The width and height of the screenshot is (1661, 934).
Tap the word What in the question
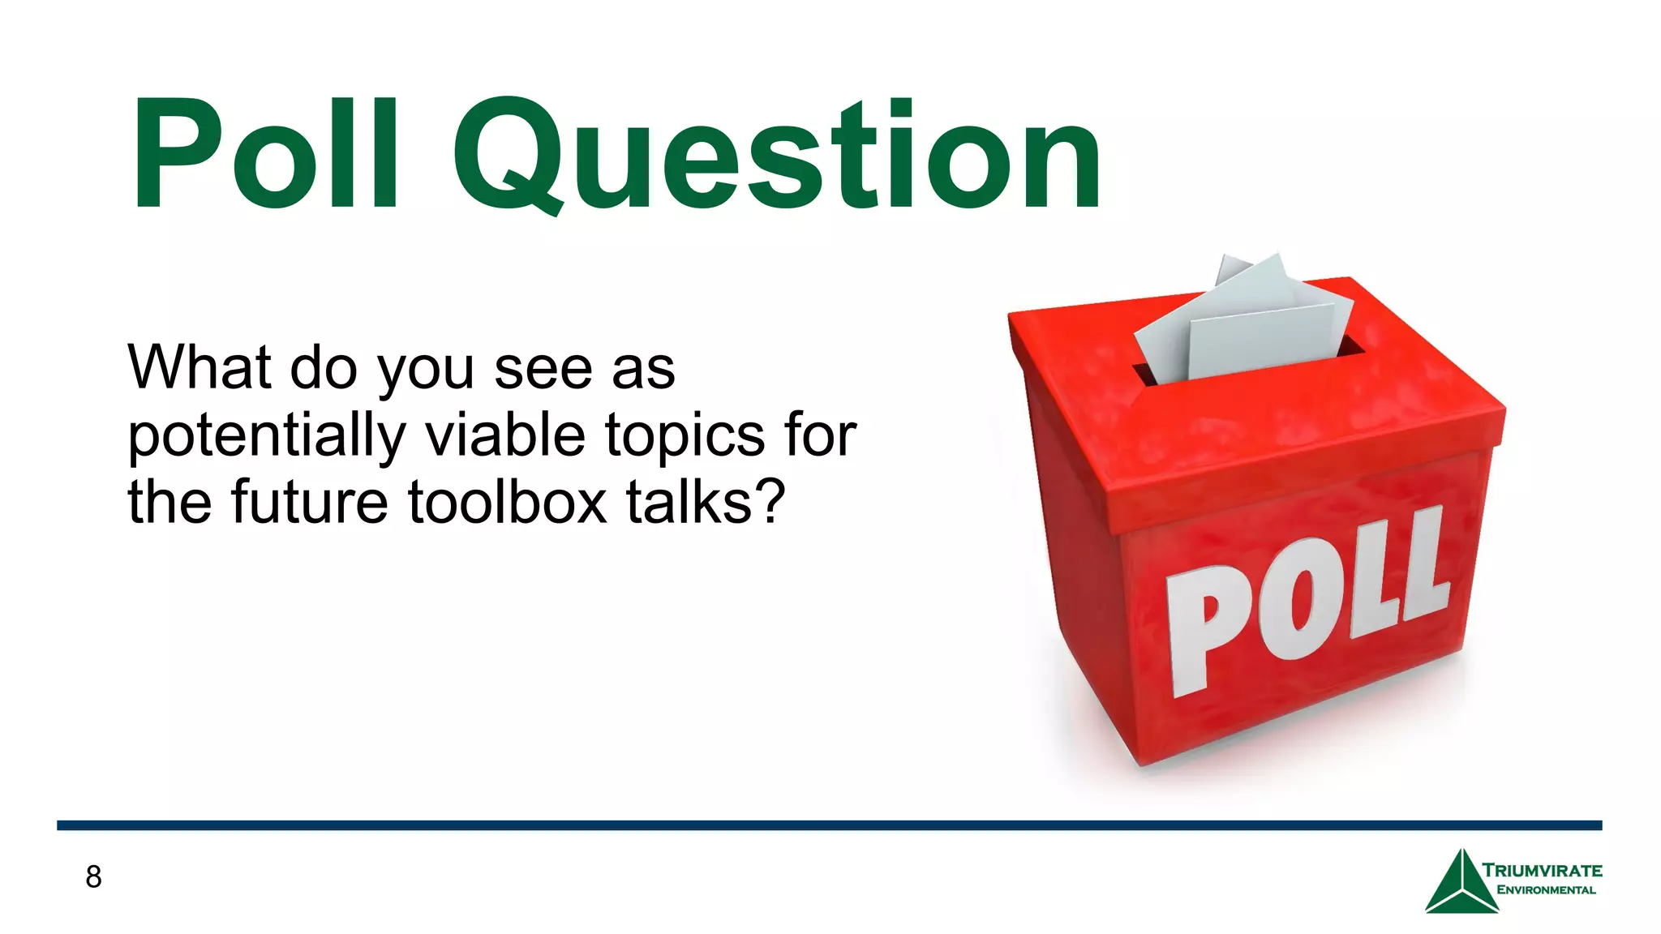199,368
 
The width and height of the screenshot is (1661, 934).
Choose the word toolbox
507,502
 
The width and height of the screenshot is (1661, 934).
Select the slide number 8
93,876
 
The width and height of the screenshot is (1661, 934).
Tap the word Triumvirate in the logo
1542,871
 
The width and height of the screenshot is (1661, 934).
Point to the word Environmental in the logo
1546,890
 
